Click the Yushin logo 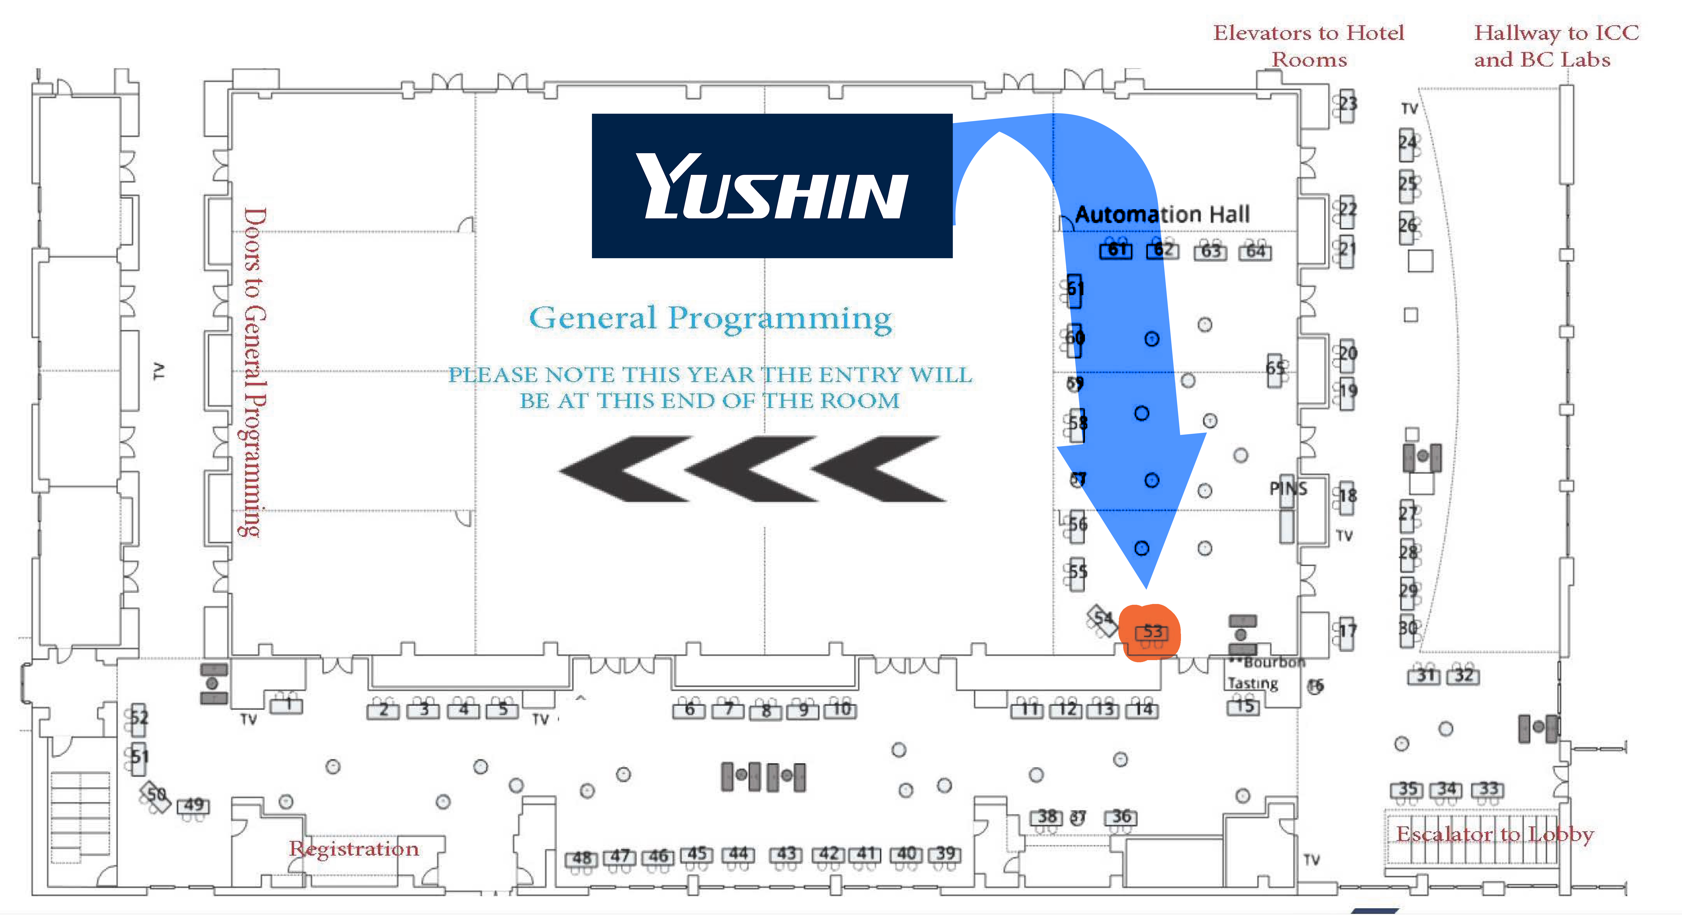(x=772, y=186)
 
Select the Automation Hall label (x=1162, y=214)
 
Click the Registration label (x=354, y=848)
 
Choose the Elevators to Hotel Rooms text (x=1308, y=46)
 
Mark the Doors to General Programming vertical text (x=253, y=372)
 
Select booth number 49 (x=194, y=805)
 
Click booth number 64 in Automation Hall (x=1255, y=251)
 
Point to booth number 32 (x=1463, y=675)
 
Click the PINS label (x=1288, y=488)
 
